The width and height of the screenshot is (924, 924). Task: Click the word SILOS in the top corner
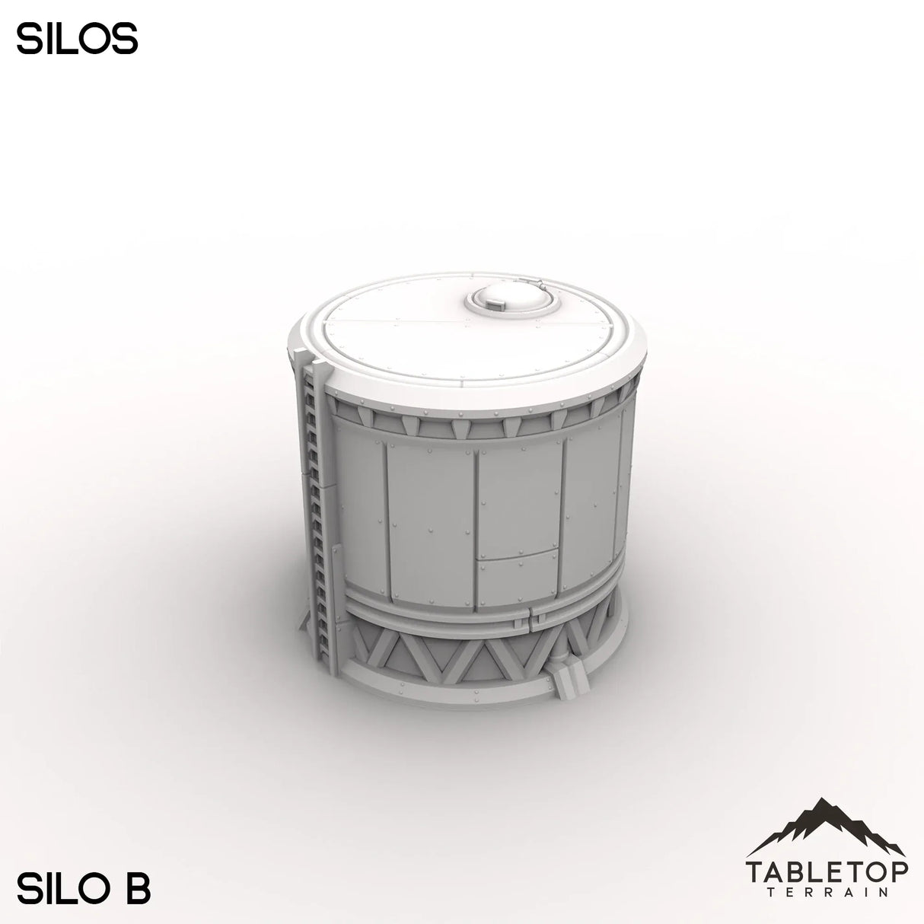coord(77,40)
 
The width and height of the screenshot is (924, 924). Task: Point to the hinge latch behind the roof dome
coord(542,287)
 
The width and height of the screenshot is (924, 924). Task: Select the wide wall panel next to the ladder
coord(358,510)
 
